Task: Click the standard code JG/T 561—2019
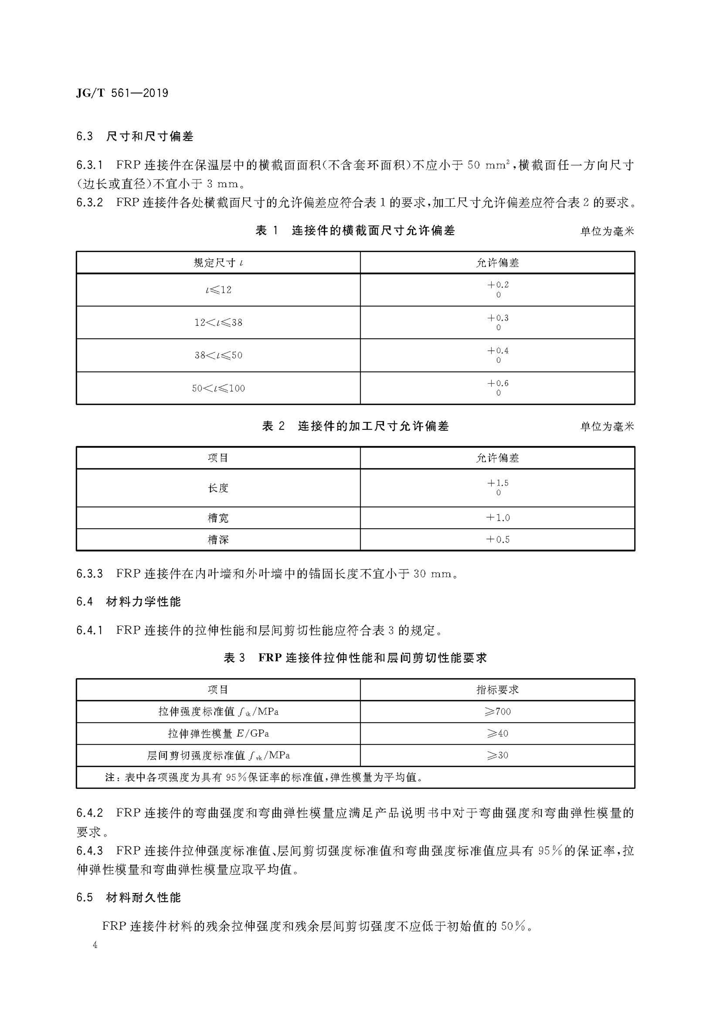point(122,93)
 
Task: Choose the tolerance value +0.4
point(498,351)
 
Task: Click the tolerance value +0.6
point(498,383)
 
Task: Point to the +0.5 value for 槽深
point(498,540)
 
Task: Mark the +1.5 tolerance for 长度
point(498,483)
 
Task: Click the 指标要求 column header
point(498,690)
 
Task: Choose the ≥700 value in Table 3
point(498,712)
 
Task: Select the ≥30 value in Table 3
point(498,755)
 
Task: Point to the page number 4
point(94,945)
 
